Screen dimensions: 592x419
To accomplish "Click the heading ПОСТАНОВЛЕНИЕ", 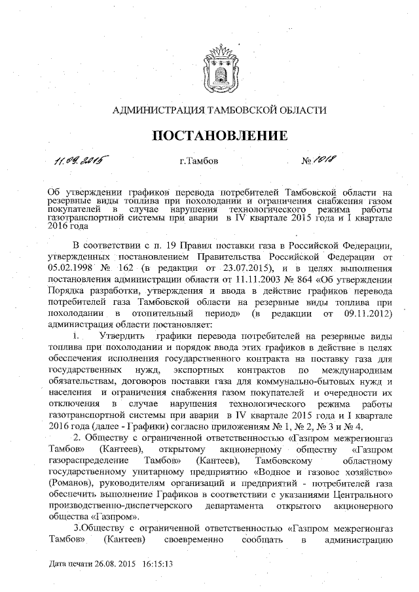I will pyautogui.click(x=220, y=135).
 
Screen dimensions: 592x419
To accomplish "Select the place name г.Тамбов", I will pyautogui.click(x=199, y=161).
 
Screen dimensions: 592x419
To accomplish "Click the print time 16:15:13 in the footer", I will pyautogui.click(x=154, y=563).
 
